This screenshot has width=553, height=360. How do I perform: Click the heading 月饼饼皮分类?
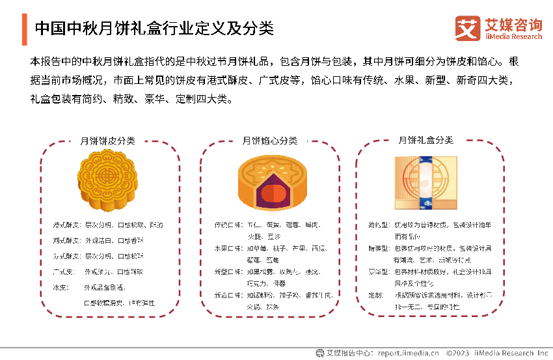click(x=107, y=141)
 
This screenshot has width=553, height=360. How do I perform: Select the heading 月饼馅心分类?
click(x=269, y=141)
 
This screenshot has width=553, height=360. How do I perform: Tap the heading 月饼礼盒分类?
click(x=425, y=140)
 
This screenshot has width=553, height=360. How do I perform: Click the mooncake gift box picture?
click(x=425, y=182)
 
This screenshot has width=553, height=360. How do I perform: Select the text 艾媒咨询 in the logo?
click(x=513, y=25)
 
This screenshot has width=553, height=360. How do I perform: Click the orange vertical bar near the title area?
click(x=25, y=29)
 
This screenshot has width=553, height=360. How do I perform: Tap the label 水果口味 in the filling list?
click(x=227, y=249)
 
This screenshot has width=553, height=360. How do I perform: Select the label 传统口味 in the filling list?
click(x=227, y=225)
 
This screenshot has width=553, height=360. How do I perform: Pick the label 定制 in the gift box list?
click(x=375, y=295)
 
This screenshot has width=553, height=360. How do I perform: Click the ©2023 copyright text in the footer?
click(x=458, y=353)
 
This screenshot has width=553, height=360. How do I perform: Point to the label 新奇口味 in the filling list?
click(x=227, y=295)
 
